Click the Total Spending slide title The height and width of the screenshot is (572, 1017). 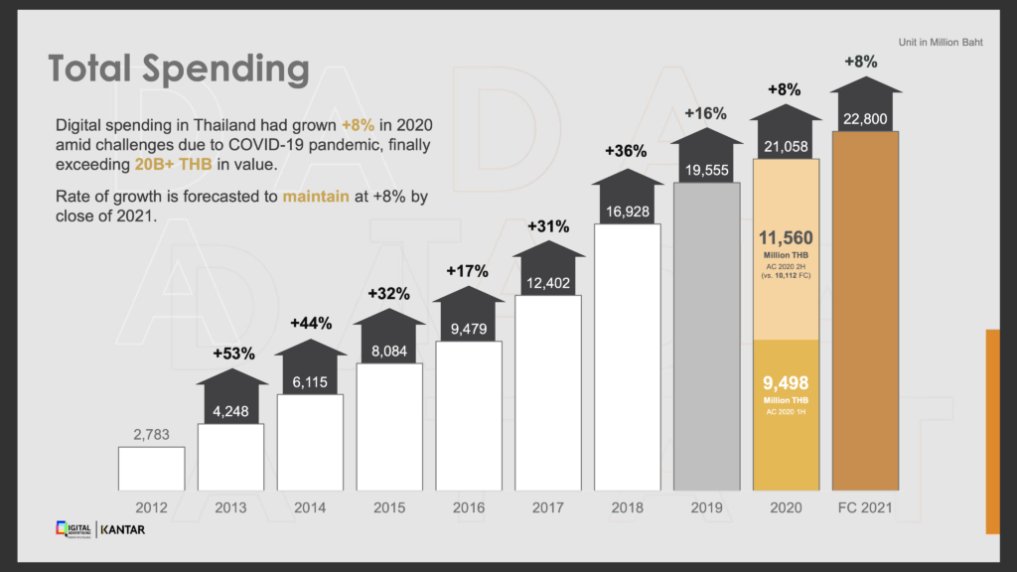179,71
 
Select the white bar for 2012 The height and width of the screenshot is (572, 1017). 151,468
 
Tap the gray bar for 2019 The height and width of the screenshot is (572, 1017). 706,338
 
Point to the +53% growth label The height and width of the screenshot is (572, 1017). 233,354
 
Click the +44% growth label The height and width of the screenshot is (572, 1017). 311,323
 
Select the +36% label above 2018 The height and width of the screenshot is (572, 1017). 626,151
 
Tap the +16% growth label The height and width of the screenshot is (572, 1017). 705,113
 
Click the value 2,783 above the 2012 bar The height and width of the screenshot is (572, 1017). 151,433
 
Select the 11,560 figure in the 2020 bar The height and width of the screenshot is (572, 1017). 787,238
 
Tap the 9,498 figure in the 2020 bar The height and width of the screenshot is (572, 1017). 787,383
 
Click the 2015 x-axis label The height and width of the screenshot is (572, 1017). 389,508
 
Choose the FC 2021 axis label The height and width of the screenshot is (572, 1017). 865,508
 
